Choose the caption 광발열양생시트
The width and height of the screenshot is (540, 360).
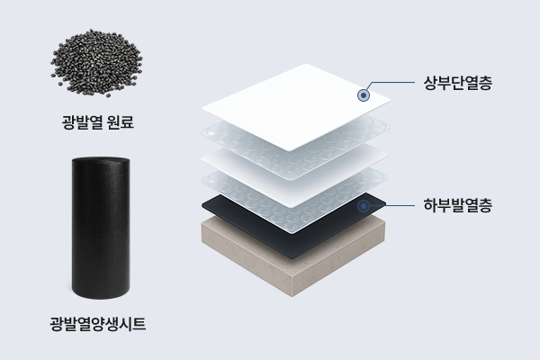[97, 322]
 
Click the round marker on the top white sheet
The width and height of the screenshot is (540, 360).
[364, 94]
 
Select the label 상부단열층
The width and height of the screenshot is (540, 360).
[455, 85]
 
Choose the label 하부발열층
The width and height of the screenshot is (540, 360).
[455, 204]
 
